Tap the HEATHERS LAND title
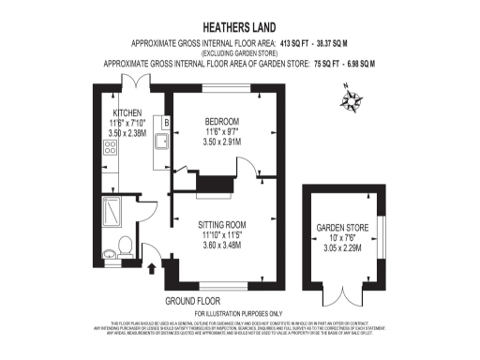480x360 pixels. [239, 27]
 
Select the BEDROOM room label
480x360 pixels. [222, 121]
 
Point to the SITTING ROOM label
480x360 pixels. [222, 225]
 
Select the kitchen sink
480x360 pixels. [161, 142]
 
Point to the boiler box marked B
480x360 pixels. [167, 121]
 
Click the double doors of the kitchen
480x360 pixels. [136, 82]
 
